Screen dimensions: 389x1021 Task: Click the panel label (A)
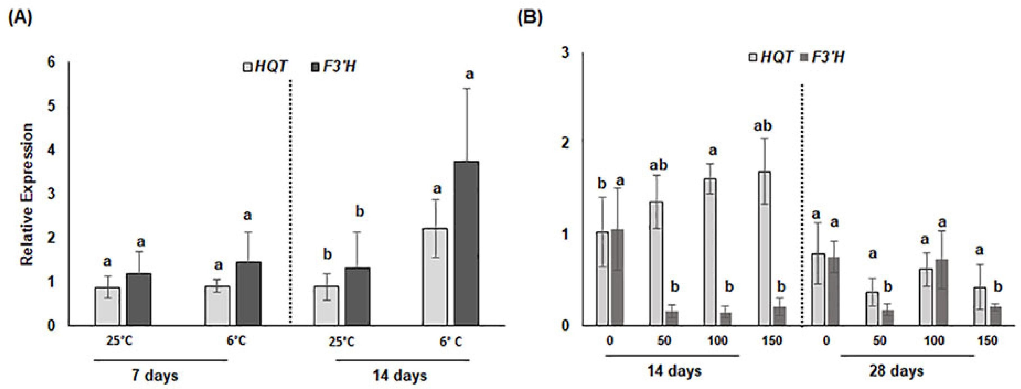pyautogui.click(x=20, y=18)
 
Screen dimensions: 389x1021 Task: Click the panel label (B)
pyautogui.click(x=530, y=18)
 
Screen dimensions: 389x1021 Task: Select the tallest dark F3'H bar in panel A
pyautogui.click(x=466, y=244)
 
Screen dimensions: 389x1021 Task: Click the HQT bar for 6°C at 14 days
pyautogui.click(x=435, y=277)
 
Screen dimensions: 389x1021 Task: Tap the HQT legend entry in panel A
pyautogui.click(x=265, y=66)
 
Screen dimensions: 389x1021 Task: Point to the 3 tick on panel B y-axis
pyautogui.click(x=565, y=52)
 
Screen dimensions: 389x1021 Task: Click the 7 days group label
pyautogui.click(x=155, y=375)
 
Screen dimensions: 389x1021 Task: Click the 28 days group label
pyautogui.click(x=896, y=371)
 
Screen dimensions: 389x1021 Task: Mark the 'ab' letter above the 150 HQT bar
pyautogui.click(x=762, y=126)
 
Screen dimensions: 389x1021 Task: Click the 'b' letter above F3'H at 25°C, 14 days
pyautogui.click(x=360, y=212)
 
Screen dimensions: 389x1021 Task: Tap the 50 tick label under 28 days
pyautogui.click(x=880, y=340)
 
